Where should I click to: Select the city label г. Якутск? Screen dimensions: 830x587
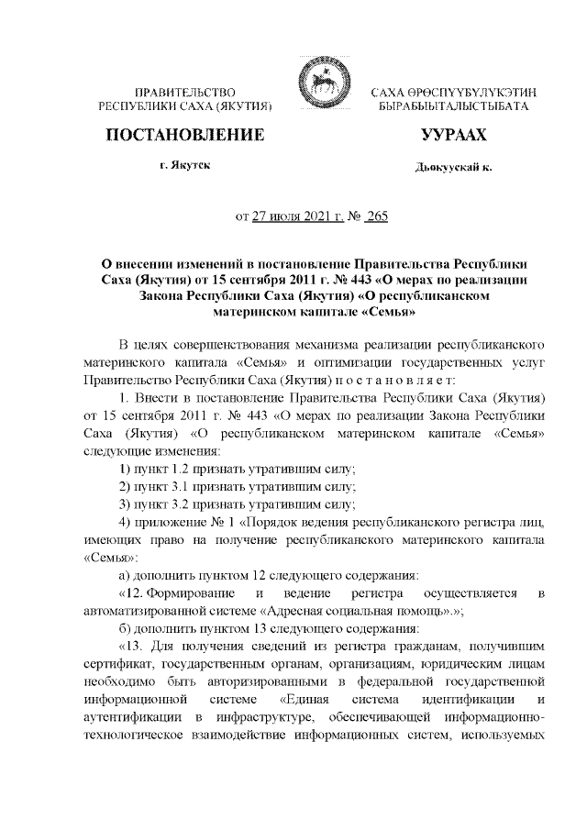184,166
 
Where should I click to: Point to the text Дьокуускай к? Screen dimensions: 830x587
453,168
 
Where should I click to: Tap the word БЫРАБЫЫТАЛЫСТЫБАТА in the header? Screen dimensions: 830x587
455,108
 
